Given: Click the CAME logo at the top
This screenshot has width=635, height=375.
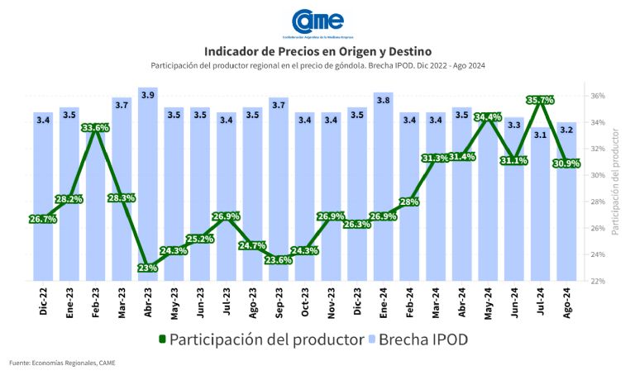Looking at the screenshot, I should click(317, 21).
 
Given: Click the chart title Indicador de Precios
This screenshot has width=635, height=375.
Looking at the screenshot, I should click(317, 50).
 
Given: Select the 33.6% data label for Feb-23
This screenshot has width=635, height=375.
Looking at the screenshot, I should click(95, 128).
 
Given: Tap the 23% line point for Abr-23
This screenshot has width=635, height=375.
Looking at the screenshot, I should click(148, 268).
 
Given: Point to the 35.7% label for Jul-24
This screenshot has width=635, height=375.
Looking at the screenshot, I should click(540, 101).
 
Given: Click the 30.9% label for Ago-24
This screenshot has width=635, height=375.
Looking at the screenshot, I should click(566, 164).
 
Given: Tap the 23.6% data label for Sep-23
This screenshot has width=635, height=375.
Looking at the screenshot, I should click(279, 259).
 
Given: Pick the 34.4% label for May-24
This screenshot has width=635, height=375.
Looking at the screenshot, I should click(488, 117).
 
